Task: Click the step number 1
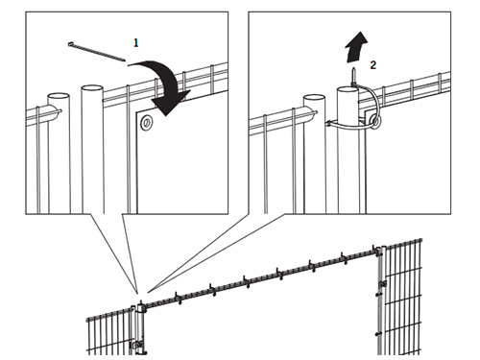pos(136,43)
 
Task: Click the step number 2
pos(373,65)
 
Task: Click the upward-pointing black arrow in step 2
pos(356,47)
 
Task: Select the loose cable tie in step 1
pos(97,51)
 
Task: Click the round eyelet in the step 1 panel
pos(147,122)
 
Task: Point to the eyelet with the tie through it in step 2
pos(374,121)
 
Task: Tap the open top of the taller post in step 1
pos(92,88)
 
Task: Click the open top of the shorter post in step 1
pos(59,96)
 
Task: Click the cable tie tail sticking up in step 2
pos(354,76)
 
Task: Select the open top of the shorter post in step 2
pos(314,97)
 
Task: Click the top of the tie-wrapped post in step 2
pos(348,88)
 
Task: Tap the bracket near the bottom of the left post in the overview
pos(137,345)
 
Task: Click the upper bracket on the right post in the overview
pos(382,284)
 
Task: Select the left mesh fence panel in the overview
pos(108,332)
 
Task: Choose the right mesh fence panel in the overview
pos(402,297)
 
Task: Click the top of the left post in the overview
pos(140,305)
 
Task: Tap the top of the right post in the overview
pos(382,248)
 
